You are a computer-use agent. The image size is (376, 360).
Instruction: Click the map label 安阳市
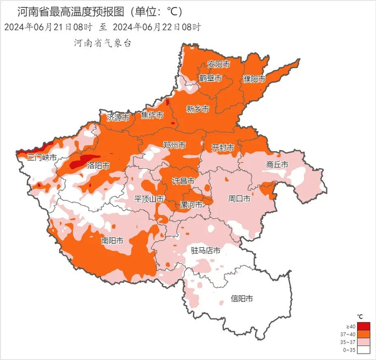(219, 64)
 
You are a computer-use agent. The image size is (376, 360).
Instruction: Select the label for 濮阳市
(254, 79)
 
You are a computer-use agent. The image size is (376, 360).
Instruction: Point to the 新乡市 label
(197, 109)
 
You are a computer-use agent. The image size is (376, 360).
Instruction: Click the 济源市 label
(118, 117)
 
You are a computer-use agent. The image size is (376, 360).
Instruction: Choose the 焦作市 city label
(152, 115)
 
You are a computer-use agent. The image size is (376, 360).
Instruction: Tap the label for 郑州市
(174, 146)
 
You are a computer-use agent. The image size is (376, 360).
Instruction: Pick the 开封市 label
(222, 147)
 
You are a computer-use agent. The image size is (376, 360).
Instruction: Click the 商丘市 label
(277, 164)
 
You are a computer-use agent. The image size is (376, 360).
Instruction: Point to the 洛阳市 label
(98, 165)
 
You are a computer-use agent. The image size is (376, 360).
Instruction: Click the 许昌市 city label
(183, 179)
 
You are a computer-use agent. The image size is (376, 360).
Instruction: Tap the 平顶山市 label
(149, 199)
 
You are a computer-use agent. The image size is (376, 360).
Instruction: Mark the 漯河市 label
(191, 205)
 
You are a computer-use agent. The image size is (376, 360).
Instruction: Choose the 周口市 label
(239, 198)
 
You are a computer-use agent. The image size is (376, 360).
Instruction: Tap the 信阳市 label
(242, 299)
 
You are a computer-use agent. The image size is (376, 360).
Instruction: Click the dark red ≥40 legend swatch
(364, 326)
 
